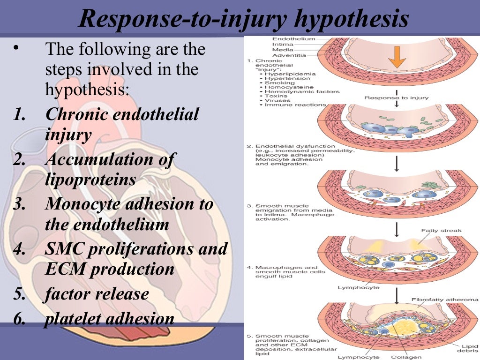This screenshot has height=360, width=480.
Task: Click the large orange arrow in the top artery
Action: pyautogui.click(x=397, y=56)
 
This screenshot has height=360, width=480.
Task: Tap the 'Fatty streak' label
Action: pyautogui.click(x=441, y=231)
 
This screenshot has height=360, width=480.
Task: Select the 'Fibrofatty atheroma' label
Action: pyautogui.click(x=444, y=299)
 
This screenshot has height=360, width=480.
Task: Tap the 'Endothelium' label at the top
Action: pyautogui.click(x=287, y=39)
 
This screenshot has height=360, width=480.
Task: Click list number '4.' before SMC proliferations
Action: pyautogui.click(x=19, y=248)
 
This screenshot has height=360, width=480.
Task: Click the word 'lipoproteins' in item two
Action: pyautogui.click(x=90, y=180)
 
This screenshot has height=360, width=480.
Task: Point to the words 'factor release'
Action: pyautogui.click(x=97, y=294)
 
